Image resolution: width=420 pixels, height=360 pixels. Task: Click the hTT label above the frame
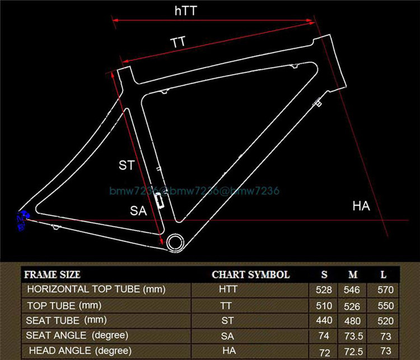[186, 11]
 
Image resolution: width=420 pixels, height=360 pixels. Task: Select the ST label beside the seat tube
[127, 165]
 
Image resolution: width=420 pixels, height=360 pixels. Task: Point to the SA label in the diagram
[138, 211]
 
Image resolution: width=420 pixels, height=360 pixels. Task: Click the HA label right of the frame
[361, 206]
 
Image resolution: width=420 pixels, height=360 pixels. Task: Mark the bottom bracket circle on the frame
[175, 241]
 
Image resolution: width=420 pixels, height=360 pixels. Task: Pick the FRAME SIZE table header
[53, 275]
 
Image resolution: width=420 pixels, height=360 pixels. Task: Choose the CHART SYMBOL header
[250, 275]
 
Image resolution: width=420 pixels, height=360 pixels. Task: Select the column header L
[383, 275]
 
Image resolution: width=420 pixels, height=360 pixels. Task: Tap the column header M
[353, 275]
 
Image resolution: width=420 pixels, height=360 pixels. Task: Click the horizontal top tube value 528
[324, 290]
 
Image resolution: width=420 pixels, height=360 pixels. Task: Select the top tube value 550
[383, 306]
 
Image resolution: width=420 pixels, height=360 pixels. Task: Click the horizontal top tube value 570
[383, 290]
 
